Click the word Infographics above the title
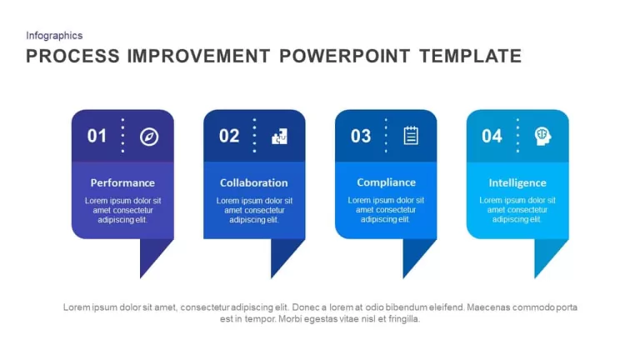point(54,36)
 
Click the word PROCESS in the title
point(73,56)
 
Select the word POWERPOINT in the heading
point(344,56)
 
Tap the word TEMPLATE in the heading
point(471,56)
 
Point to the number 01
point(97,136)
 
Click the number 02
point(229,136)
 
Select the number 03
point(361,136)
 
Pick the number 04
point(492,136)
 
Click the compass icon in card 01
point(149,137)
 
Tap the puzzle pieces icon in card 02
point(280,137)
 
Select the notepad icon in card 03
point(411,136)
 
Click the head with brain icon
point(542,136)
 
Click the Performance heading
point(122,182)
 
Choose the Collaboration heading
point(254,182)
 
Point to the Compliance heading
point(386,182)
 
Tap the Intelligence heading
point(517,182)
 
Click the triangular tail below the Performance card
point(151,253)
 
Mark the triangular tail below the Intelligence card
point(546,253)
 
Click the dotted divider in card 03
point(386,136)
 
